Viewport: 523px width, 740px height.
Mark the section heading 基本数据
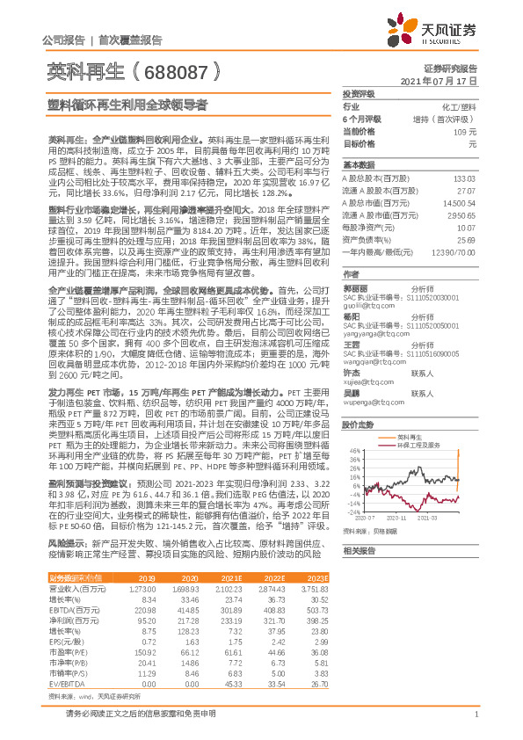359,164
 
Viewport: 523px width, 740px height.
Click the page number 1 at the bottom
475,723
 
